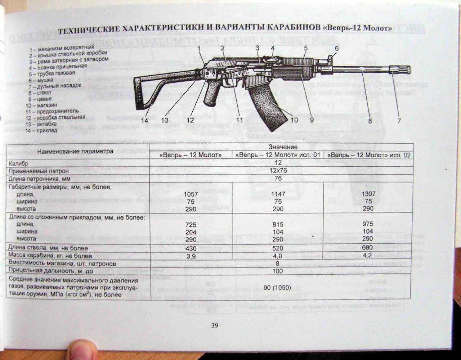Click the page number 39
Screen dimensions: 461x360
pyautogui.click(x=214, y=325)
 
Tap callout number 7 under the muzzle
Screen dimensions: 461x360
pyautogui.click(x=399, y=121)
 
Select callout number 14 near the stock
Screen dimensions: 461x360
pyautogui.click(x=144, y=121)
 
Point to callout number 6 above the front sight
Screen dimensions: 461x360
pyautogui.click(x=336, y=49)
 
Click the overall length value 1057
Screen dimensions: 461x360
pyautogui.click(x=191, y=194)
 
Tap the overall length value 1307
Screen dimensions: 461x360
pyautogui.click(x=368, y=194)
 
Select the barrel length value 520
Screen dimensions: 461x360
pyautogui.click(x=278, y=248)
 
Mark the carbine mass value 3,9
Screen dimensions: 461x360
pyautogui.click(x=191, y=256)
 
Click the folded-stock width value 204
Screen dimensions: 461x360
pyautogui.click(x=191, y=232)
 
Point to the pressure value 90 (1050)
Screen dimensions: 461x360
pyautogui.click(x=278, y=288)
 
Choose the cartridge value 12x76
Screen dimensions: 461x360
pyautogui.click(x=278, y=171)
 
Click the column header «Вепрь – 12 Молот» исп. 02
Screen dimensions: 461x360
pyautogui.click(x=368, y=156)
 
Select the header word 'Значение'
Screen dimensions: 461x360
pyautogui.click(x=283, y=147)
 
